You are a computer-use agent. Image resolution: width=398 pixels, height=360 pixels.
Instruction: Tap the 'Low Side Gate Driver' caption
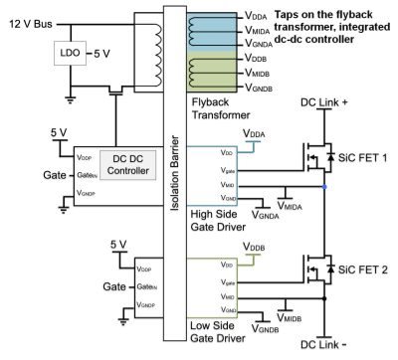[x=220, y=329]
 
